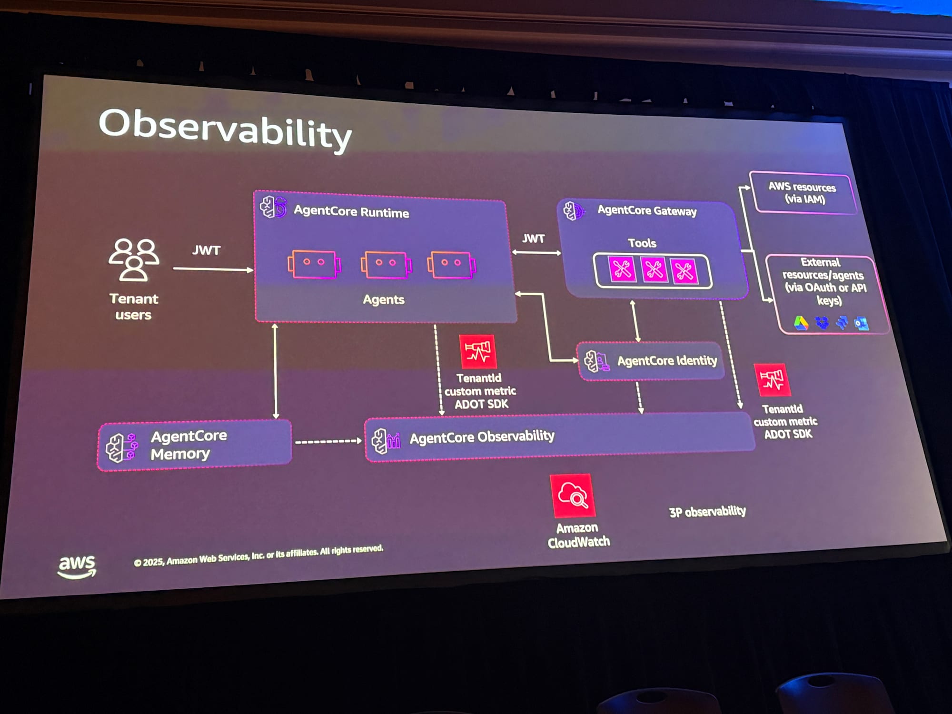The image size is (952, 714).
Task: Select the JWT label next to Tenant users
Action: tap(206, 250)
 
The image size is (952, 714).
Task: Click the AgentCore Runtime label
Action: tap(351, 211)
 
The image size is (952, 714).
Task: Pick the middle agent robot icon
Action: tap(386, 265)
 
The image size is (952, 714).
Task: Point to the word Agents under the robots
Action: tap(383, 299)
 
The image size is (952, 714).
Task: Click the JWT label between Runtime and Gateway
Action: tap(533, 238)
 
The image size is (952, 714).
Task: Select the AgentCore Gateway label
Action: tap(646, 210)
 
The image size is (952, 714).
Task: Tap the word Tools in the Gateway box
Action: tap(642, 243)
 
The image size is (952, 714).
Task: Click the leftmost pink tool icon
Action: tap(622, 270)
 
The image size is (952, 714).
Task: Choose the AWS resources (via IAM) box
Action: tap(803, 193)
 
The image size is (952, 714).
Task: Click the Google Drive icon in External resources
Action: tap(801, 323)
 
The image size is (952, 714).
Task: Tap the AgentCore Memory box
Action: tap(194, 446)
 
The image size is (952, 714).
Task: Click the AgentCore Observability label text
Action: tap(482, 437)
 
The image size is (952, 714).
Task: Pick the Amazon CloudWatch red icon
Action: tap(573, 496)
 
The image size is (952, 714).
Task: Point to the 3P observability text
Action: tap(707, 512)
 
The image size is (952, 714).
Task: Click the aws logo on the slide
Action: tap(77, 566)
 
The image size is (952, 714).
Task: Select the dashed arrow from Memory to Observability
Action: tap(327, 442)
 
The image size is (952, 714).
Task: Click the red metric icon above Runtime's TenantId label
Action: tap(477, 351)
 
